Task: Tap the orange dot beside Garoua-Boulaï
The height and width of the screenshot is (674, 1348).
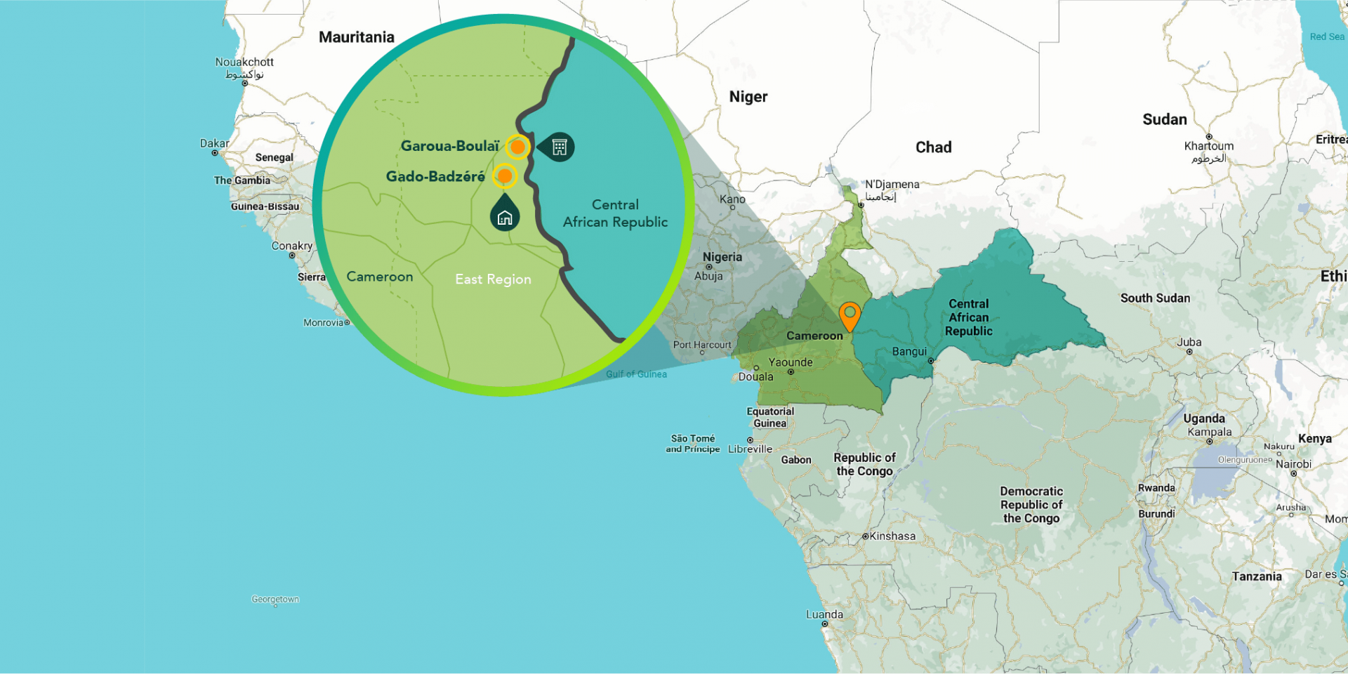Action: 517,147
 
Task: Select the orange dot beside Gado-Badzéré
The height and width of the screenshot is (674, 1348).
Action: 504,176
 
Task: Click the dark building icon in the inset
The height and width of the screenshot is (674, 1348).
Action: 560,147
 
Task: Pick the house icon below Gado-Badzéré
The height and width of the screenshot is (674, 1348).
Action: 505,217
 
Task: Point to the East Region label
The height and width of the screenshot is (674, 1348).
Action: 493,279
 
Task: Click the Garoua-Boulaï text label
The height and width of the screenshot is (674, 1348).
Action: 449,146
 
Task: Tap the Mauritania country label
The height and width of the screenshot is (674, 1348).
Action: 356,37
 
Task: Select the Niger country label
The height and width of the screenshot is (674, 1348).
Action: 748,97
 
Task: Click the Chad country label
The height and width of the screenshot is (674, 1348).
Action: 933,147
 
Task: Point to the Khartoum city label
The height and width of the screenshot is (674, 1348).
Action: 1208,146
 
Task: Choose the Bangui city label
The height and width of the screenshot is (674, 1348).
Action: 909,352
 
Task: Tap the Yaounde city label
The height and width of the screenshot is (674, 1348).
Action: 791,362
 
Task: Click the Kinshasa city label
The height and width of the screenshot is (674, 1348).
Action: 892,536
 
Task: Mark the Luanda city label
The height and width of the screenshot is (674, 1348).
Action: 824,614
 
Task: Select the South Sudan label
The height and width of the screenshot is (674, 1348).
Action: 1155,298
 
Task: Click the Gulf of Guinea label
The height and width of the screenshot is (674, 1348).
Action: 636,374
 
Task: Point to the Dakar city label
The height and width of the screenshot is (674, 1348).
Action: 214,143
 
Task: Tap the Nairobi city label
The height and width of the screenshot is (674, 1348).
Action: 1293,464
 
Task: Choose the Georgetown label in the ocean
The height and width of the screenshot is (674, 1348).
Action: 275,599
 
